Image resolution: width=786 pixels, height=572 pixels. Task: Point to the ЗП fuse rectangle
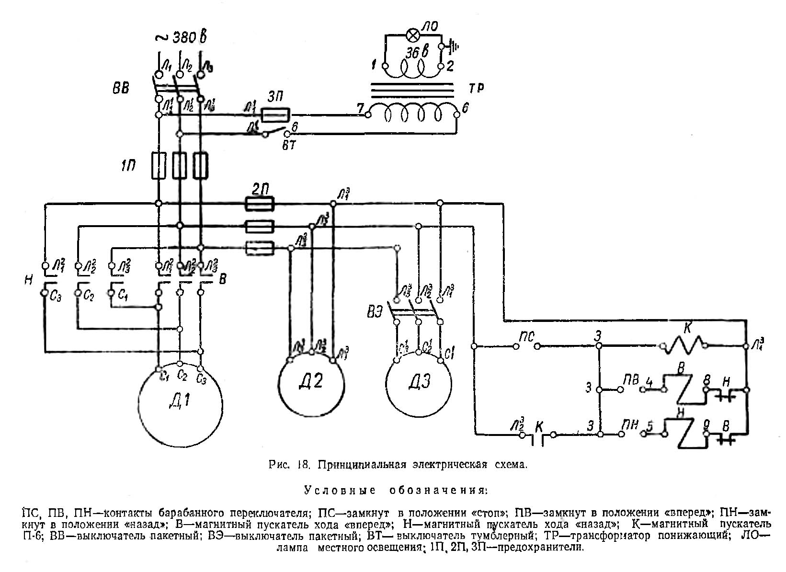pos(275,114)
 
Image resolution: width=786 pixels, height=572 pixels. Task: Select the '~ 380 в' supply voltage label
pos(183,37)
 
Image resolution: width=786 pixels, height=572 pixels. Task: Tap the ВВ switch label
pos(120,90)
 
